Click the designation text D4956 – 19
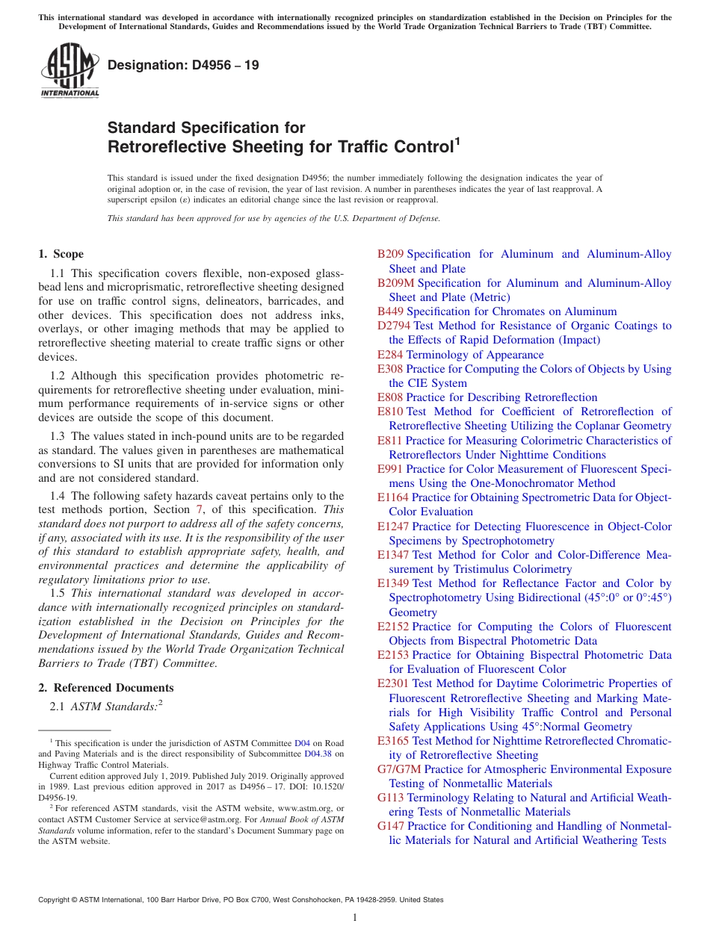(x=183, y=65)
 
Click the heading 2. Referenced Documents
(x=105, y=688)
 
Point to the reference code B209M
(x=395, y=283)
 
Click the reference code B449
(x=390, y=311)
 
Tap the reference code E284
(x=390, y=355)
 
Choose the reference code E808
(x=390, y=397)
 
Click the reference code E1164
(x=393, y=497)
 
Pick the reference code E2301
(x=393, y=683)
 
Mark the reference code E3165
(x=393, y=741)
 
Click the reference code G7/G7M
(x=399, y=769)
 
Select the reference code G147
(x=391, y=826)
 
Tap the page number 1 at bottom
(x=355, y=918)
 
